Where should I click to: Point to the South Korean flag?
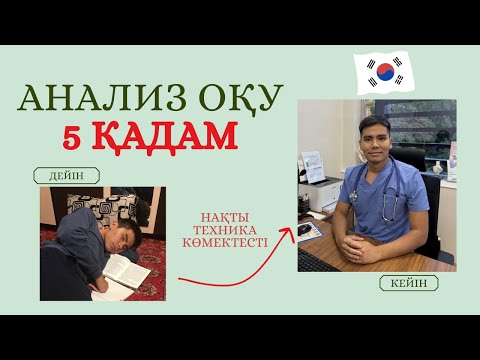click(x=384, y=69)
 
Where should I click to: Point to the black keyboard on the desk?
click(x=314, y=262)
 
